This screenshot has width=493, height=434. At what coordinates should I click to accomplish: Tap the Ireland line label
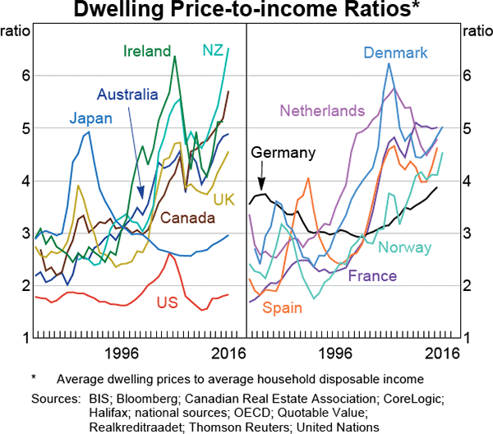147,51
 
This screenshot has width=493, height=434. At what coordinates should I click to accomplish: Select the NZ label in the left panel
213,51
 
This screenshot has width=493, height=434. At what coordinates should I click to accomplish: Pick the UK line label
224,200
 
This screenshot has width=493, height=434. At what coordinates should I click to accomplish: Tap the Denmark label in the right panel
395,53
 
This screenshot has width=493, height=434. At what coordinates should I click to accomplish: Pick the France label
371,276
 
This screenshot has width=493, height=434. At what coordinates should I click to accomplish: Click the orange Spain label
282,308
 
